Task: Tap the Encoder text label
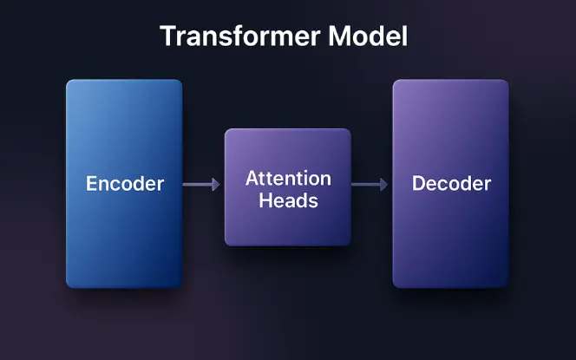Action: tap(124, 184)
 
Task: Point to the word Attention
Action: tap(288, 179)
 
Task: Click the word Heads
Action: tap(288, 200)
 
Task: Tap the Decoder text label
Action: tap(451, 184)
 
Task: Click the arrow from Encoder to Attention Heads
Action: tap(202, 184)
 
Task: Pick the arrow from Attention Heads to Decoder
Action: tap(370, 184)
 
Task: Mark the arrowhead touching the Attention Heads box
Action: tap(217, 184)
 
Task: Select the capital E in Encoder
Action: tap(91, 184)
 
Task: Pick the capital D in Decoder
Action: tap(418, 184)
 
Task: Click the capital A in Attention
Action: tap(252, 179)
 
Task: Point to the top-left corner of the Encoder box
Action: tap(69, 82)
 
